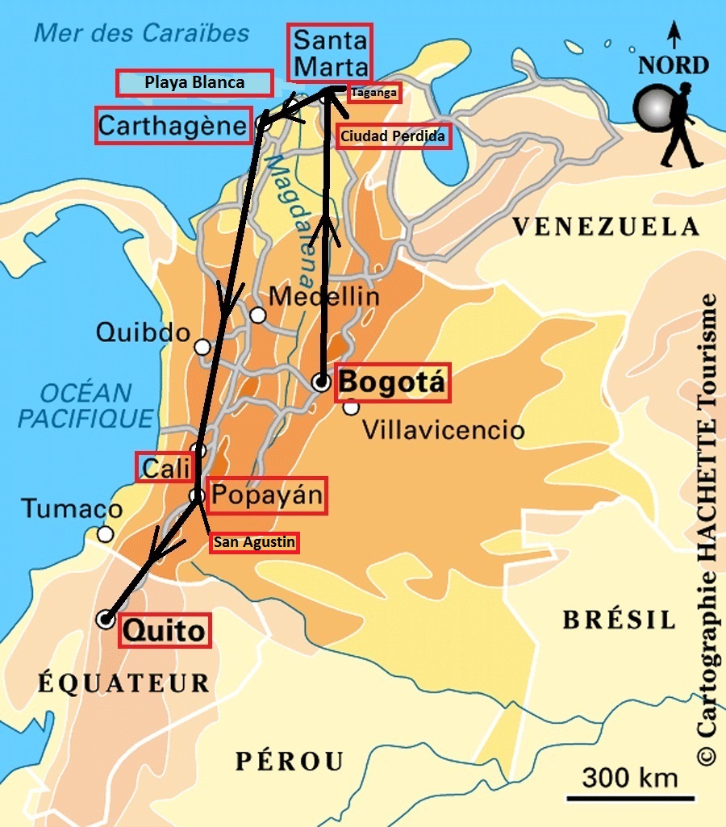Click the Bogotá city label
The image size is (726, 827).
pos(392,382)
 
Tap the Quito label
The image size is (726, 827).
pos(165,630)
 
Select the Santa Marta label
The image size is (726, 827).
pos(331,54)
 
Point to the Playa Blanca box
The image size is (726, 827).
pos(194,82)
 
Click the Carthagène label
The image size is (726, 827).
pos(173,126)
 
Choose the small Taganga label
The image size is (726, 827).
pos(373,94)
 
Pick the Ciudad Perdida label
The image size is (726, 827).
pos(392,136)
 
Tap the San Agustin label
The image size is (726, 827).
pos(254,543)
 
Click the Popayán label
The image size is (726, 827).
pos(267,495)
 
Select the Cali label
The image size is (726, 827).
pos(165,467)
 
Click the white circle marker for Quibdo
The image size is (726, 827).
pos(202,347)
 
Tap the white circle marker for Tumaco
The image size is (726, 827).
pos(105,534)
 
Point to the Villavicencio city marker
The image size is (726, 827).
pos(351,407)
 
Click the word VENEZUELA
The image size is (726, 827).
pos(606,228)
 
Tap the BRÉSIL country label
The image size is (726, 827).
pos(618,620)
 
